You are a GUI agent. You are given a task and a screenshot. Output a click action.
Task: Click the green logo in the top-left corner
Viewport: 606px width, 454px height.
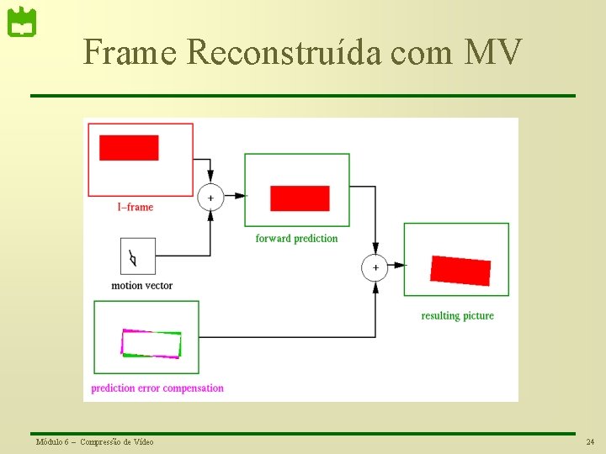(22, 23)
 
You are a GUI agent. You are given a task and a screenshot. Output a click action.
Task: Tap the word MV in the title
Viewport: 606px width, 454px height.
(493, 52)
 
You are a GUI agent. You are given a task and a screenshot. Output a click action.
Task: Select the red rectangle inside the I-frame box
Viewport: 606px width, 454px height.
(129, 147)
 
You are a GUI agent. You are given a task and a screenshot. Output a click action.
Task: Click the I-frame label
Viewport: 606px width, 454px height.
(135, 207)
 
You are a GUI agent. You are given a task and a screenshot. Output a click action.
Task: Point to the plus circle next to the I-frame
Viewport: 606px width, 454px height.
(210, 198)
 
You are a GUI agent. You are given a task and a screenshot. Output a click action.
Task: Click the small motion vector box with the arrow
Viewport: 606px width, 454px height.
(138, 256)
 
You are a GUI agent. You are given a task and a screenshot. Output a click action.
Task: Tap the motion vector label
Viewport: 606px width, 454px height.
(141, 286)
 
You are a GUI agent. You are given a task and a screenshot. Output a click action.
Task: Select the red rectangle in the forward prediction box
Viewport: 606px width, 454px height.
(300, 198)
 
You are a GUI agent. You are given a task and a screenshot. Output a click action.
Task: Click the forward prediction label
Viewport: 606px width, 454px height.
(296, 239)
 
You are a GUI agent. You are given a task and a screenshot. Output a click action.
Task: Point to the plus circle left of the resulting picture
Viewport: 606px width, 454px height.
(375, 267)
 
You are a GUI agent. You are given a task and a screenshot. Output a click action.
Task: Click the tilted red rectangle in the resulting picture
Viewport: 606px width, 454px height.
(460, 270)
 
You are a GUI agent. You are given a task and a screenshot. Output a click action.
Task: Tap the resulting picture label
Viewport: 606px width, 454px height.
(457, 316)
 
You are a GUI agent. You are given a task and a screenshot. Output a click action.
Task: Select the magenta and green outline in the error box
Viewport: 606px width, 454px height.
(151, 344)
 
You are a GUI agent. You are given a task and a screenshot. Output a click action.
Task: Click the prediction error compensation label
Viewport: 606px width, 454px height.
(157, 388)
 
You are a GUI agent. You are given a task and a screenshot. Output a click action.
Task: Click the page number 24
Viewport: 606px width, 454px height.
(590, 442)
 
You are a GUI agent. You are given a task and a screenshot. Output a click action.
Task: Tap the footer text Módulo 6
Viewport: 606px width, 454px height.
(53, 442)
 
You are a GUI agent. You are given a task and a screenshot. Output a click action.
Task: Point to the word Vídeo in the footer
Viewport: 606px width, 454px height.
(142, 442)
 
